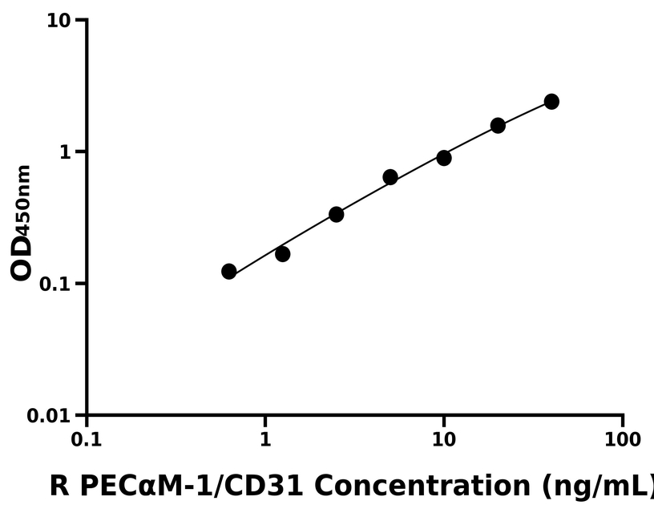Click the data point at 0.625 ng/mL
click(229, 272)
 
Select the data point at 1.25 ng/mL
click(282, 254)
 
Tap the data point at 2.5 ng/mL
click(337, 214)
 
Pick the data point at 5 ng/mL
click(390, 177)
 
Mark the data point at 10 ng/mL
click(444, 158)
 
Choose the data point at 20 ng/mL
click(498, 125)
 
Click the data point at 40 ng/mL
click(551, 102)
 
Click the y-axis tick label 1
click(67, 152)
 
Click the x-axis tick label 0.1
click(87, 440)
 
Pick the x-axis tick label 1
click(265, 440)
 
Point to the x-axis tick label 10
click(444, 440)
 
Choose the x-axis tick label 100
click(623, 440)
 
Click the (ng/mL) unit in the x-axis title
click(597, 486)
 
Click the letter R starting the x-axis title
click(58, 486)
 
